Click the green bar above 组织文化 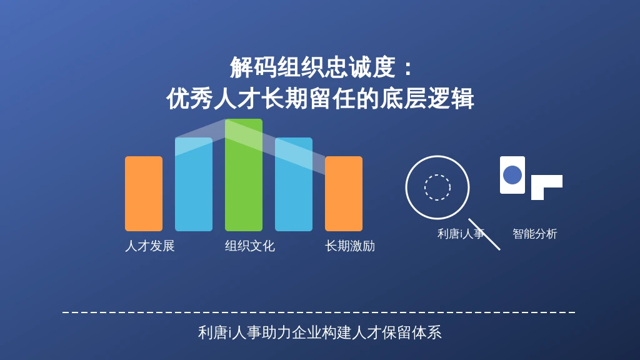[244, 175]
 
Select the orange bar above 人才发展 [144, 194]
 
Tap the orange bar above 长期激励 [344, 194]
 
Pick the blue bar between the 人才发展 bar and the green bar [194, 184]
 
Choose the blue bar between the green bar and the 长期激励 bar [294, 184]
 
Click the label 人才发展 [150, 246]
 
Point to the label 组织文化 [250, 246]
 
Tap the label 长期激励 [350, 246]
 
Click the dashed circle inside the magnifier [437, 175]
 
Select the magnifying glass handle [484, 234]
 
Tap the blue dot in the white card [512, 175]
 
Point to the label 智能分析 [535, 234]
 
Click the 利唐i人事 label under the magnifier [461, 234]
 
